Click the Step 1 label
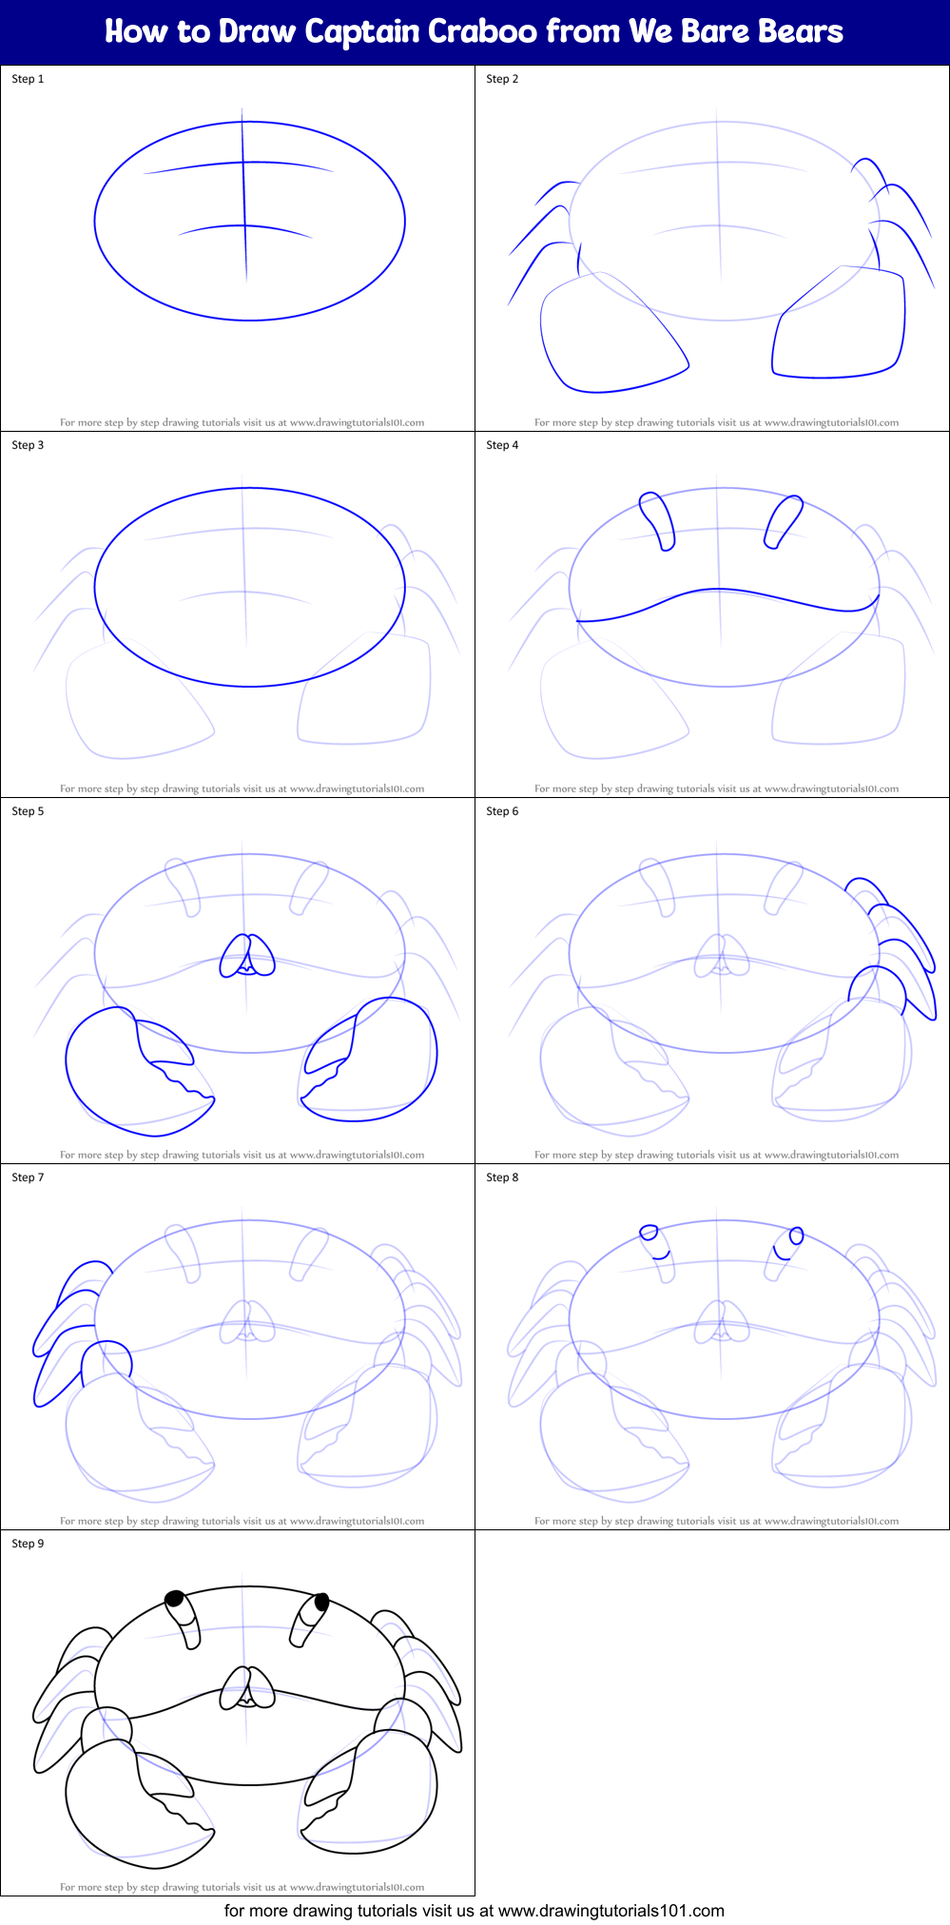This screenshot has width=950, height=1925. click(x=28, y=79)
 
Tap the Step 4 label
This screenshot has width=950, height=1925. click(x=502, y=445)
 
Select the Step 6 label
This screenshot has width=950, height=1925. click(x=502, y=811)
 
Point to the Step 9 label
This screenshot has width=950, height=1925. click(x=28, y=1544)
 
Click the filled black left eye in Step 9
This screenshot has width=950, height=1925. click(x=175, y=1599)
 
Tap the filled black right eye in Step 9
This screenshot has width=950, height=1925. click(x=321, y=1602)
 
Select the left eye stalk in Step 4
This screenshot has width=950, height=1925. click(x=658, y=520)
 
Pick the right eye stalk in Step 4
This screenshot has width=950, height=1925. click(x=784, y=520)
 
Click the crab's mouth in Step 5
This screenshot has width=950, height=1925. click(x=247, y=957)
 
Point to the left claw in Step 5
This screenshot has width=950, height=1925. click(x=133, y=1070)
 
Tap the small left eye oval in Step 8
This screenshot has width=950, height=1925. click(x=649, y=1233)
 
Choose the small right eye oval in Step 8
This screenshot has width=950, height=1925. click(x=796, y=1235)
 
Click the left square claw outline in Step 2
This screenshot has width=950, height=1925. click(x=609, y=333)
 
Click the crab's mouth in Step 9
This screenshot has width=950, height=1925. click(x=247, y=1689)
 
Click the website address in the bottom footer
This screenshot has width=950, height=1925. click(x=611, y=1910)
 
